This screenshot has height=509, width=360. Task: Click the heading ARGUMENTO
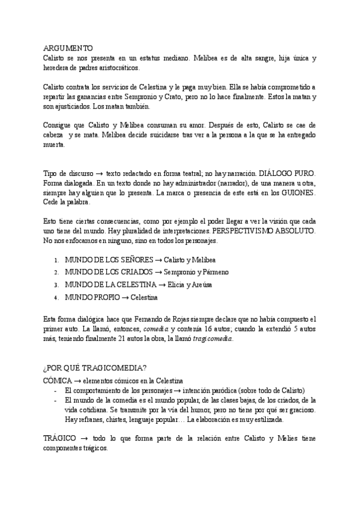coord(68,47)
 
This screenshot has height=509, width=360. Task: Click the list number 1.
coord(55,260)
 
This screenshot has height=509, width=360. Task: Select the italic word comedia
coord(157,328)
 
